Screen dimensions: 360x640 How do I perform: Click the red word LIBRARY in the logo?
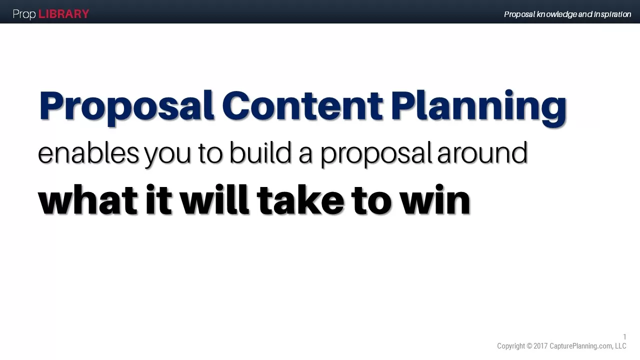[x=63, y=14]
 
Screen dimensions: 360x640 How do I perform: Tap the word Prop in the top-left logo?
[x=24, y=14]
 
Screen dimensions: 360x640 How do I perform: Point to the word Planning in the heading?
[x=478, y=106]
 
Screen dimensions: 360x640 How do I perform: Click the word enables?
[x=88, y=152]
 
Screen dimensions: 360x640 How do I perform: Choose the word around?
[x=482, y=152]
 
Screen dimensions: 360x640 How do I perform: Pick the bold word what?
[x=87, y=200]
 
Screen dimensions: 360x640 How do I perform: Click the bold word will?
[x=214, y=200]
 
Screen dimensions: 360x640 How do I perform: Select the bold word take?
[x=300, y=200]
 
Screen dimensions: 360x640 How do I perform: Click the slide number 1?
[x=624, y=337]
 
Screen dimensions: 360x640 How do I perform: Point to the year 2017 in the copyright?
[x=540, y=346]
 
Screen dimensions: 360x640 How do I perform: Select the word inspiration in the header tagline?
[x=612, y=14]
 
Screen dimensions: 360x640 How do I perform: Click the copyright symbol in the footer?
[x=529, y=346]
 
